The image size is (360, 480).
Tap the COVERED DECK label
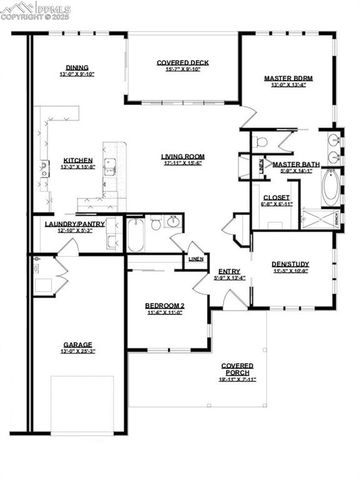[x=181, y=63]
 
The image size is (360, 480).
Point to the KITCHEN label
[x=78, y=159]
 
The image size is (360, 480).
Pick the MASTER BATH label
[x=296, y=163]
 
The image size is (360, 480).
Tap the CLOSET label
[x=276, y=197]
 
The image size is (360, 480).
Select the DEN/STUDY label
[x=291, y=264]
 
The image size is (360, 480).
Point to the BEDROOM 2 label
[x=164, y=304]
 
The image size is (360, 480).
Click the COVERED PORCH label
[x=237, y=370]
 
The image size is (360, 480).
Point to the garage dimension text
[x=77, y=352]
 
